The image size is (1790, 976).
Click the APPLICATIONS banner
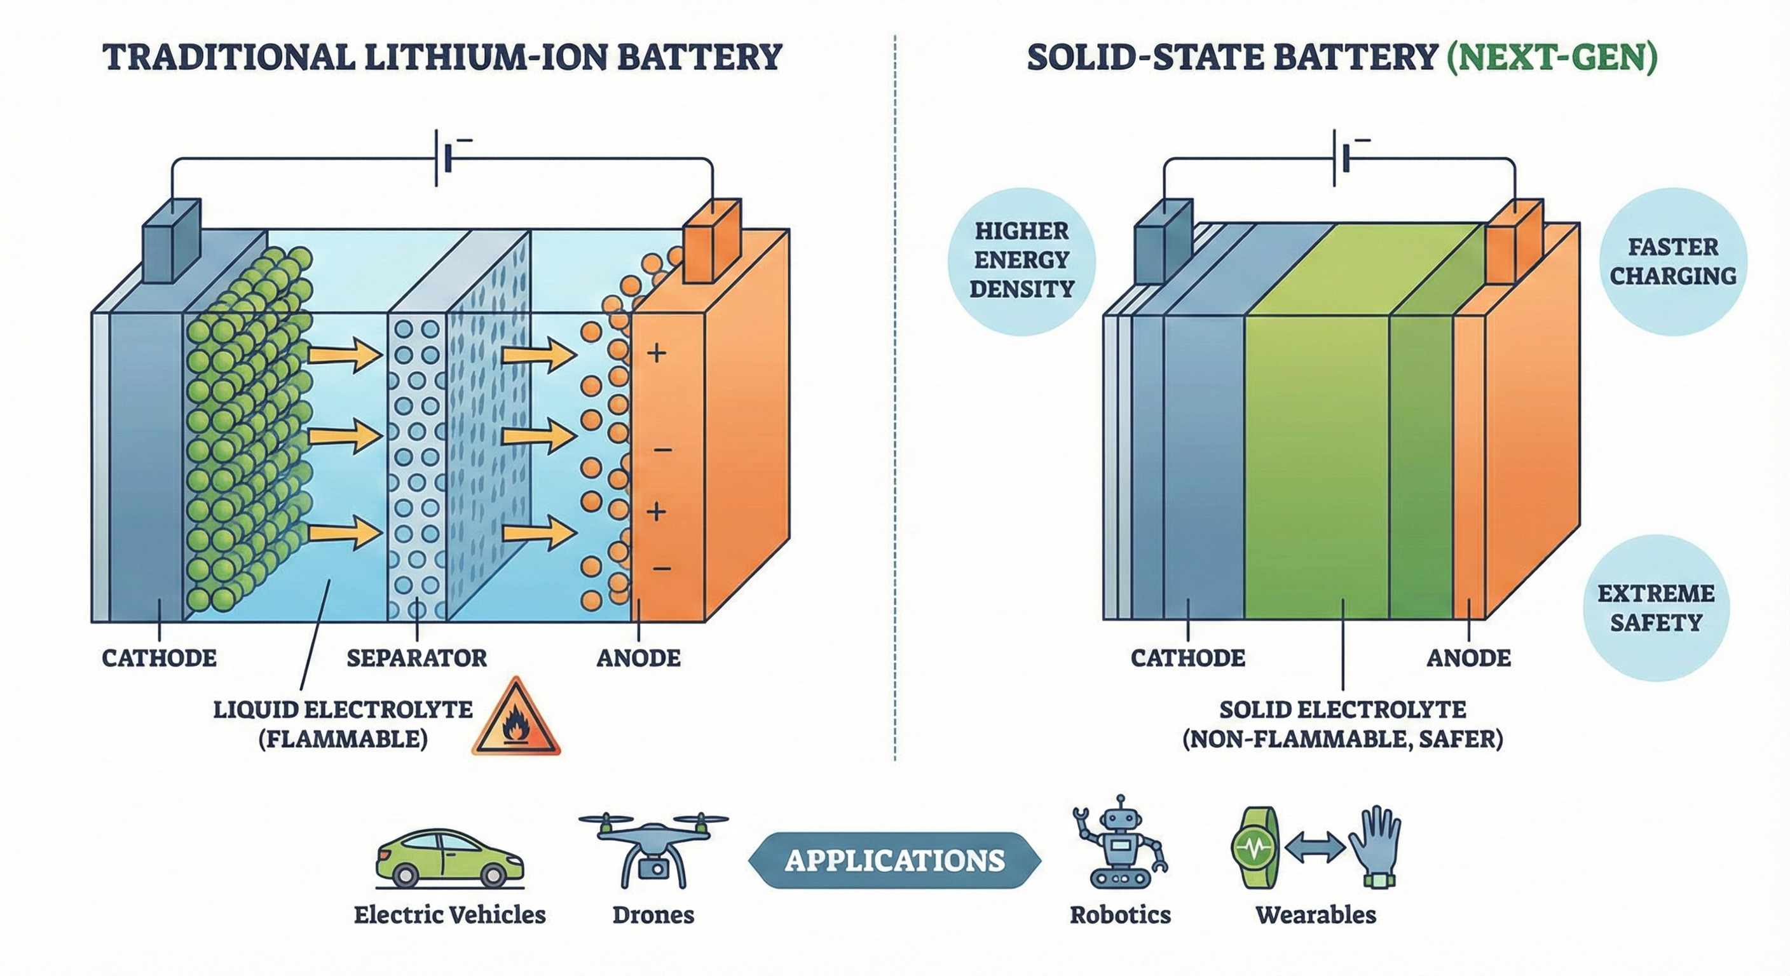[x=894, y=862]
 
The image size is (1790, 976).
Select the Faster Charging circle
[x=1672, y=262]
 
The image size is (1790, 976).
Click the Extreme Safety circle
[x=1655, y=609]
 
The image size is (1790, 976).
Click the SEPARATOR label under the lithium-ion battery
[x=417, y=658]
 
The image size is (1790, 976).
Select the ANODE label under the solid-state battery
[x=1468, y=658]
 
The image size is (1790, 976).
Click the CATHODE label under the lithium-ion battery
[x=159, y=658]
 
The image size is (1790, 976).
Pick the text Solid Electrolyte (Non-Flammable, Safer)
[x=1342, y=724]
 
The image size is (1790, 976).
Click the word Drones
[x=653, y=915]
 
